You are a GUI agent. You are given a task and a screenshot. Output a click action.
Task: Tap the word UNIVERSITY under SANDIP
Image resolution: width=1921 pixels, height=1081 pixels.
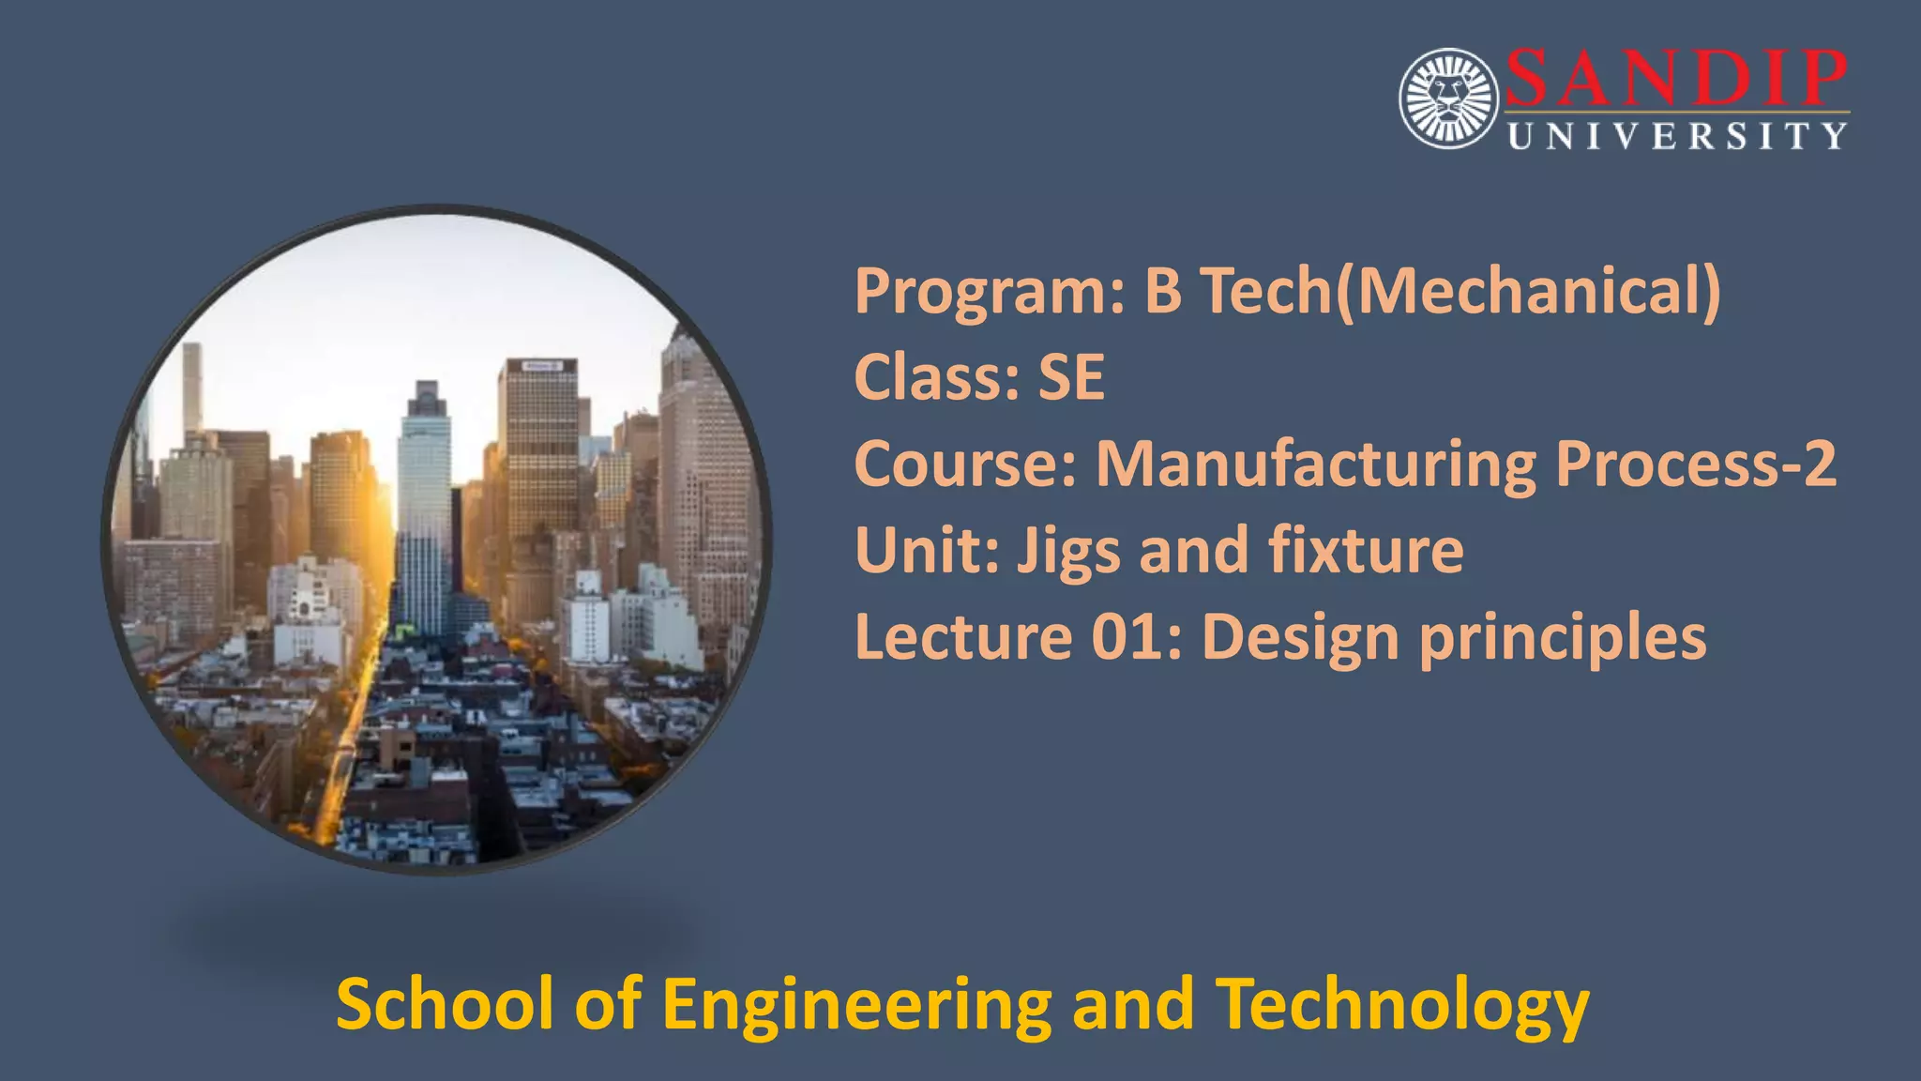pyautogui.click(x=1677, y=137)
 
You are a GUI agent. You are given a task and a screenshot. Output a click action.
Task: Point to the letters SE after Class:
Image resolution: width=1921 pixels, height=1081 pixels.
pyautogui.click(x=1071, y=377)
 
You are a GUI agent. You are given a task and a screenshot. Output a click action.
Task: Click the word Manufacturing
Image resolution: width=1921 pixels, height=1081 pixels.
pyautogui.click(x=1316, y=464)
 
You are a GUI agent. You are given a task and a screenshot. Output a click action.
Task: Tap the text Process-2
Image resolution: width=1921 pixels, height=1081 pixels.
pyautogui.click(x=1695, y=464)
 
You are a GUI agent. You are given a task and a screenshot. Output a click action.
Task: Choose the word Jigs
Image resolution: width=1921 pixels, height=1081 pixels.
pyautogui.click(x=1068, y=552)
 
